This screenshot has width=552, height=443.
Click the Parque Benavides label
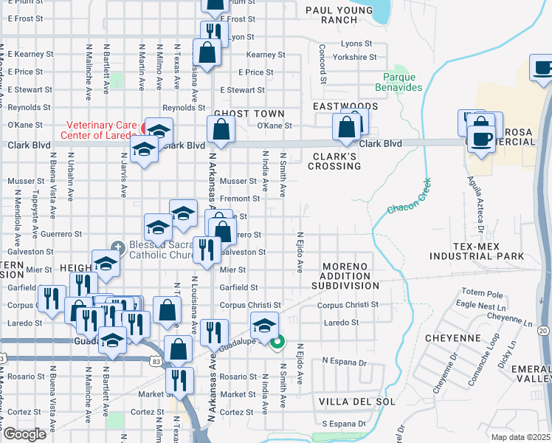(402, 82)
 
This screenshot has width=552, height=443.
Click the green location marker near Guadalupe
(277, 341)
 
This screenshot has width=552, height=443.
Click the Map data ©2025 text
(520, 437)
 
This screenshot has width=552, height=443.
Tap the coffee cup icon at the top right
(543, 69)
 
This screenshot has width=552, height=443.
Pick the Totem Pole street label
(481, 292)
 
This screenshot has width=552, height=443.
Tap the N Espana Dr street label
(344, 363)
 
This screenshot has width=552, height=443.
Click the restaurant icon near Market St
(179, 380)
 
